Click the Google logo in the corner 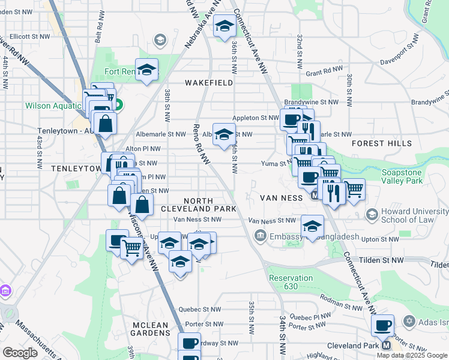point(20,353)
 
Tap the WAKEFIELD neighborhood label point(209,83)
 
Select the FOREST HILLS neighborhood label point(382,143)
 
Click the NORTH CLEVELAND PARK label point(197,204)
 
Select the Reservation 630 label point(291,282)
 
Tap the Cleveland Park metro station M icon point(386,346)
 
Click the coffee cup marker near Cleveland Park point(382,326)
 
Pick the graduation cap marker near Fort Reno point(146,70)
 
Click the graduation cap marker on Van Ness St point(312,226)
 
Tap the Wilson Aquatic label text point(52,106)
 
